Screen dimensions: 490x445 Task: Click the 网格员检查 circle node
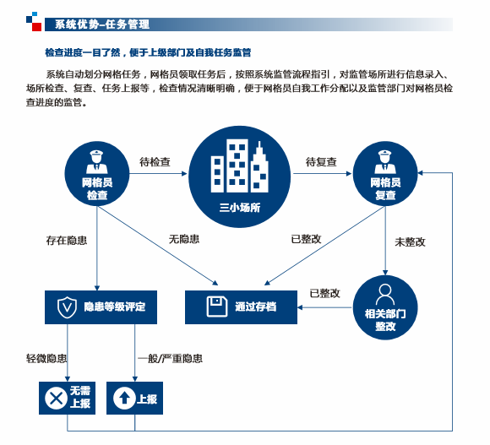point(97,174)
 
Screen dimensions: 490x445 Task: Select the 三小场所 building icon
point(240,166)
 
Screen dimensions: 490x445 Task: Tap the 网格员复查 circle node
point(385,174)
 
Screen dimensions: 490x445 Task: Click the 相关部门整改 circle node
point(385,307)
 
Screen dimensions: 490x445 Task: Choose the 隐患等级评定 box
point(101,307)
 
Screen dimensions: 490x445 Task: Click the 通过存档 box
point(242,307)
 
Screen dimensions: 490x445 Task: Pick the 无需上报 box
point(68,399)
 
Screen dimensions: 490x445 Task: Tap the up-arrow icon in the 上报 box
point(124,399)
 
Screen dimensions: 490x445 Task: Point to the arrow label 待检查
point(155,162)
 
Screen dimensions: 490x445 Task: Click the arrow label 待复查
point(321,162)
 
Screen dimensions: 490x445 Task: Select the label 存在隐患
point(67,241)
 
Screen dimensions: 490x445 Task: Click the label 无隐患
point(184,239)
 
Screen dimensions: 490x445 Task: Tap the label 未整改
point(410,242)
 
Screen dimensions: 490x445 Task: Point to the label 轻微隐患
point(46,358)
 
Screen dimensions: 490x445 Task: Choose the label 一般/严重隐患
point(171,358)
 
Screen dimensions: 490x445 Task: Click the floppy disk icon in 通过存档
point(217,307)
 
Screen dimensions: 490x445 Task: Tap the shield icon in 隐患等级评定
point(67,307)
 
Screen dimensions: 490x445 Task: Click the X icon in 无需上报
point(57,399)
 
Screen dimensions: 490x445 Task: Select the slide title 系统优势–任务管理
point(102,24)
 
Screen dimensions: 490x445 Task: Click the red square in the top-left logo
point(37,26)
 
